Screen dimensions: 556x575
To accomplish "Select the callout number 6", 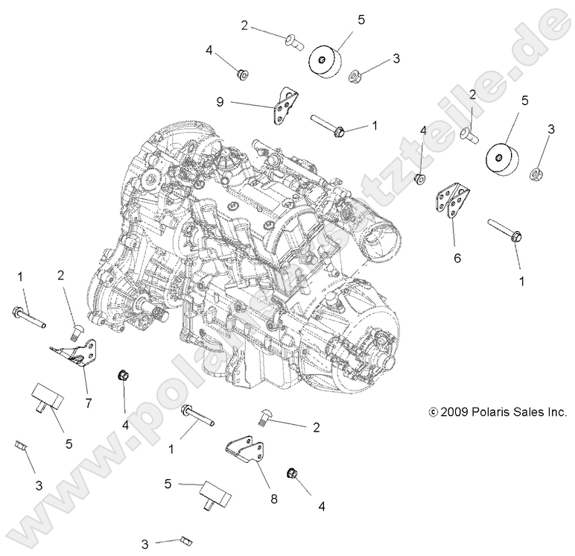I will [x=457, y=259].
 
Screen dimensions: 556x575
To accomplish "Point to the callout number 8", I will [x=273, y=499].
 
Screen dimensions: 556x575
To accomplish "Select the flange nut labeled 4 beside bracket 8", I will [x=293, y=474].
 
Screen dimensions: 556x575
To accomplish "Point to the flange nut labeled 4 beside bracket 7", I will [x=121, y=375].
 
